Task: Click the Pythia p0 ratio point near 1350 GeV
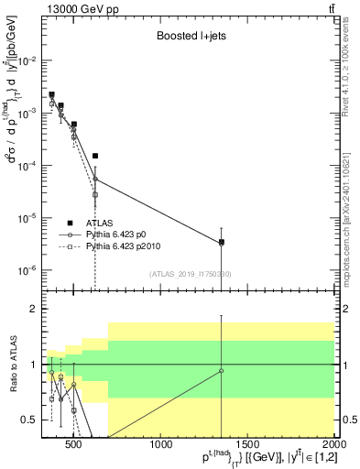tap(222, 370)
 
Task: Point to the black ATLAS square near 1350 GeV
tap(222, 243)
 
